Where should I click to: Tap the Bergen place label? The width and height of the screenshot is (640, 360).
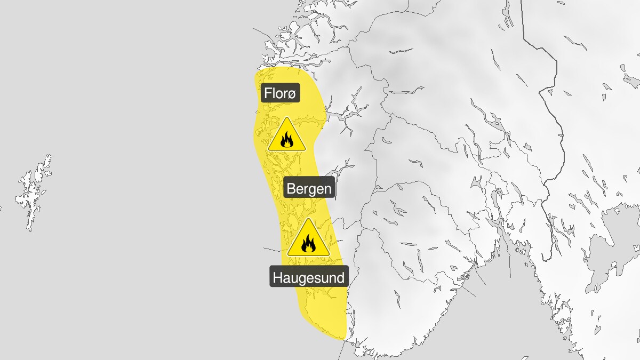click(x=309, y=188)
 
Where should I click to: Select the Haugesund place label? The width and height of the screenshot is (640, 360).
click(x=309, y=277)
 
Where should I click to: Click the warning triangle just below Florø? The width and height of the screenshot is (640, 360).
click(x=287, y=135)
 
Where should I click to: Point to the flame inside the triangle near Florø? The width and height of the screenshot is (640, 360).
click(x=287, y=140)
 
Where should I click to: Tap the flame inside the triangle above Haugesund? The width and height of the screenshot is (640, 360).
click(x=308, y=245)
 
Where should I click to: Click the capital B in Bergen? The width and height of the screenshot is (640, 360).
click(x=291, y=188)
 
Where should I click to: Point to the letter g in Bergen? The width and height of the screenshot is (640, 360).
click(x=313, y=190)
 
